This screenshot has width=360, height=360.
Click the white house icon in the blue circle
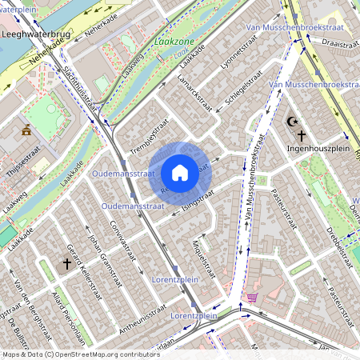pos(180,172)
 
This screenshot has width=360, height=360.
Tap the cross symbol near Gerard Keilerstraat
pos(67,262)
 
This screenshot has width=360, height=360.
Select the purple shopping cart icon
pos(253,298)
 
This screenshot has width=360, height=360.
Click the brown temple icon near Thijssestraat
pos(26,130)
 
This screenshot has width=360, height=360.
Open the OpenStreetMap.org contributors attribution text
pos(105,354)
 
